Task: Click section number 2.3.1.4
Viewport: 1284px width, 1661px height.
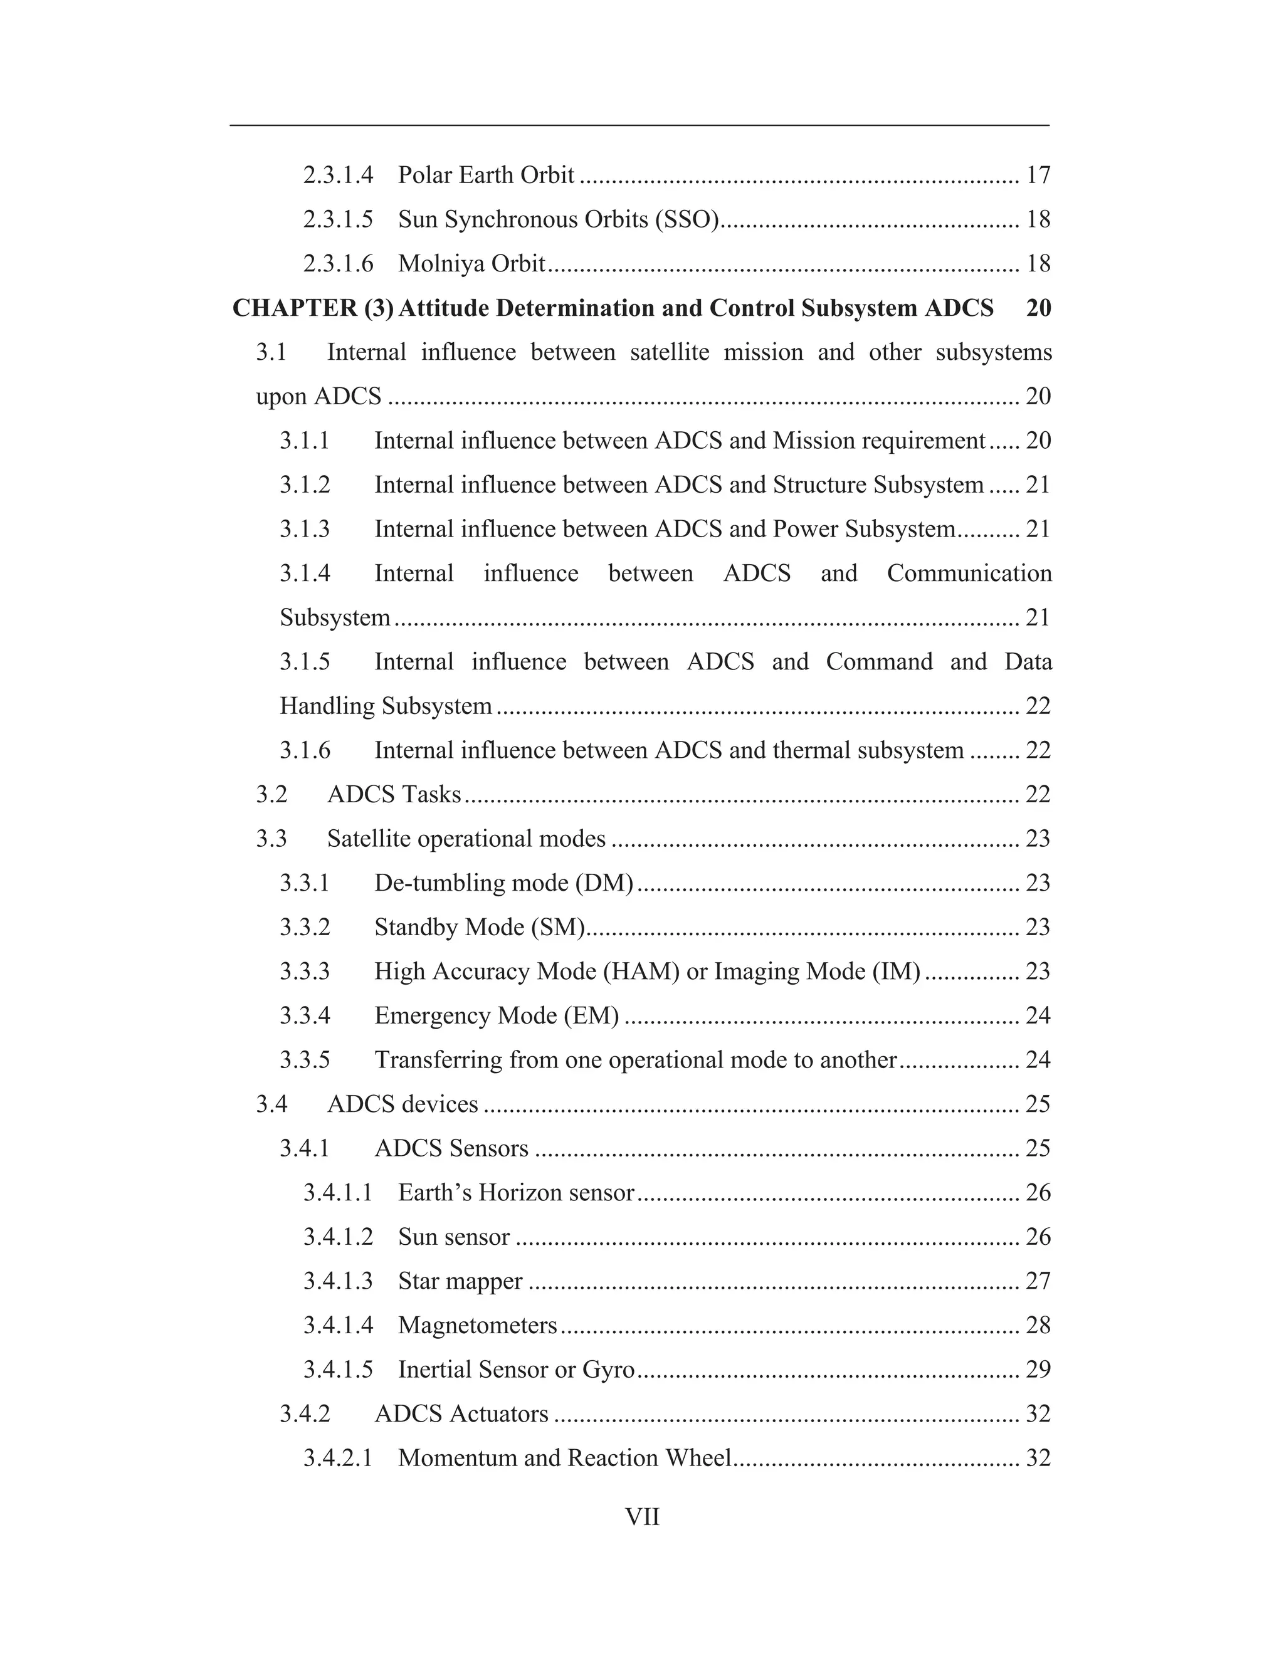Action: [x=338, y=176]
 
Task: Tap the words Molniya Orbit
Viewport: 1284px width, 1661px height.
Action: [x=471, y=264]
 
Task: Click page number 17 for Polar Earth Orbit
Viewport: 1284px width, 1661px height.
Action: [x=1038, y=176]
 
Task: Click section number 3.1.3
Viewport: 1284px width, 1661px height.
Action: [x=304, y=530]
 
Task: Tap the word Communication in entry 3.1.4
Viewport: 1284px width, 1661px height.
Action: [x=968, y=574]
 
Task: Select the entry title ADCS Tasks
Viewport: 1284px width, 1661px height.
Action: [x=394, y=795]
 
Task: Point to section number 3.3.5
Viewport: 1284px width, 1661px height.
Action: [x=304, y=1060]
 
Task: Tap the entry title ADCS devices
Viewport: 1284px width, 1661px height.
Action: [x=403, y=1104]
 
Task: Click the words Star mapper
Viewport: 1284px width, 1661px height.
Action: [x=460, y=1282]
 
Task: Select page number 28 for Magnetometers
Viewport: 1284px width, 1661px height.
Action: [x=1038, y=1326]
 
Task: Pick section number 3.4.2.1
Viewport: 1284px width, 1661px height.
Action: [x=338, y=1458]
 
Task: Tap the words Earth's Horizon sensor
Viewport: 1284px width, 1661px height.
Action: [x=516, y=1193]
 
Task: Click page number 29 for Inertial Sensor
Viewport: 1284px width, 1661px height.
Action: [x=1038, y=1370]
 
